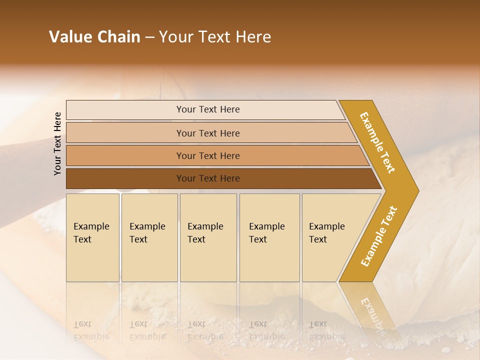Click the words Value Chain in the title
click(x=94, y=37)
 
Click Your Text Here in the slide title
click(x=215, y=37)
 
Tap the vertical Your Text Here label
click(x=57, y=143)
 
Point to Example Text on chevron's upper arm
click(x=377, y=142)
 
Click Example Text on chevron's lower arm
click(x=379, y=236)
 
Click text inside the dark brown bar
click(x=208, y=178)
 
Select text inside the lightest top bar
click(x=208, y=109)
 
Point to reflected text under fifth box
click(x=326, y=330)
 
